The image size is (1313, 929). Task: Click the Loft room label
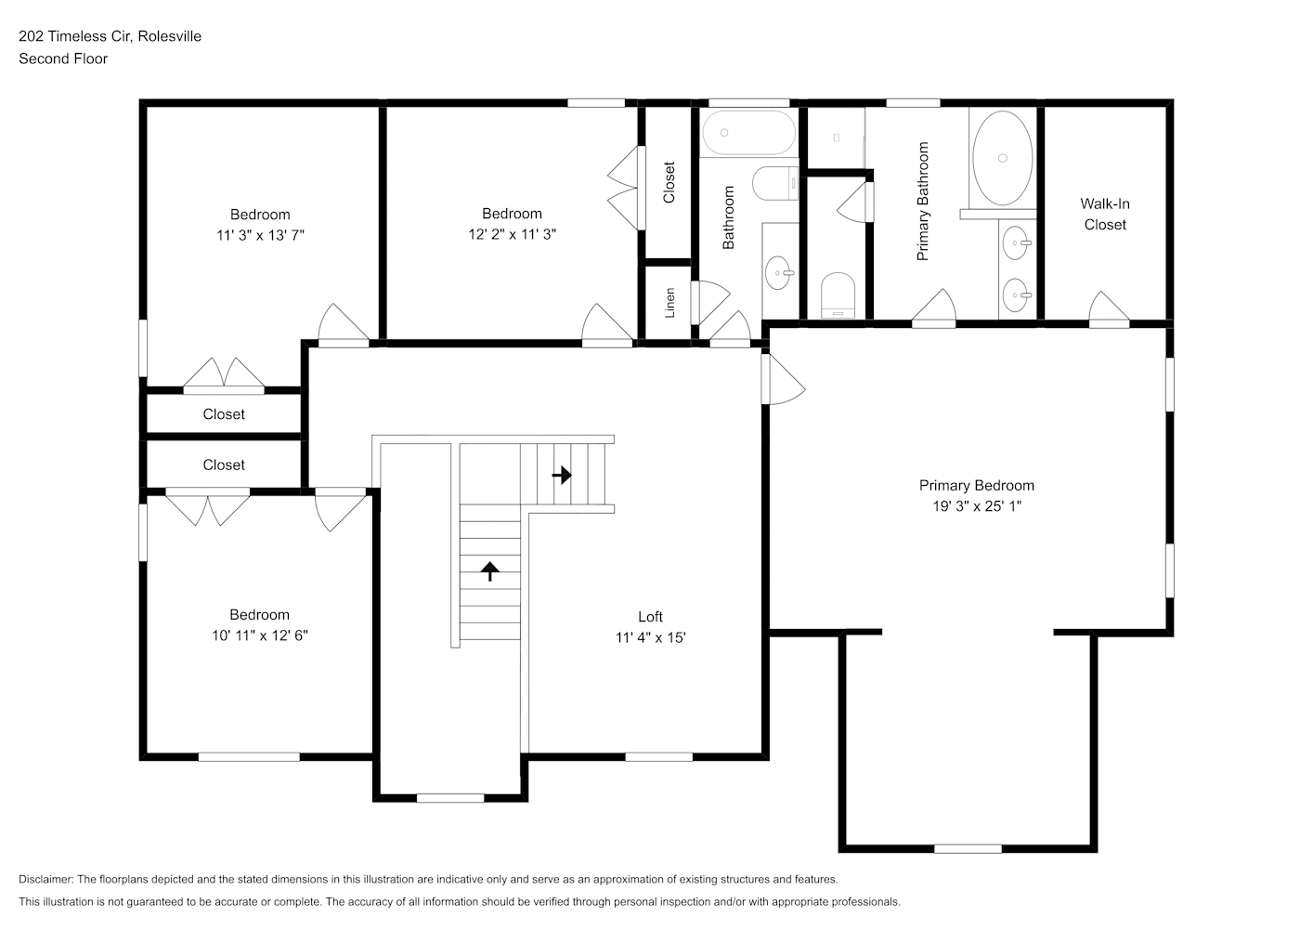pos(650,617)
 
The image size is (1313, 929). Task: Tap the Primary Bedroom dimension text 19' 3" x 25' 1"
pos(977,506)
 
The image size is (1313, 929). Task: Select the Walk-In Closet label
pos(1105,214)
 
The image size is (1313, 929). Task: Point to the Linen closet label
pos(669,303)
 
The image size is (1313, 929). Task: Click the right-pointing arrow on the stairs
pos(562,475)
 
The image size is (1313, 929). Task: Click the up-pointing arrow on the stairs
pos(490,571)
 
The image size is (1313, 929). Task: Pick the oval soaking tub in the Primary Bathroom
pos(1002,158)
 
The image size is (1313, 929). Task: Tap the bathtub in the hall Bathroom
pos(748,133)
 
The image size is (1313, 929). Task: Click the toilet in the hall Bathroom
pos(775,183)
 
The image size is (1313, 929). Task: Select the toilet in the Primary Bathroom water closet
pos(838,295)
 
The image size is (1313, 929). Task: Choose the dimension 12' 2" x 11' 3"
pos(512,235)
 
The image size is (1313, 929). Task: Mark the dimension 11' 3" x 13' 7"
pos(260,236)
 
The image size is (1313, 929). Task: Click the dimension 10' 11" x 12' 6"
pos(260,635)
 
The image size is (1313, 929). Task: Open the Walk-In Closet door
pos(1109,308)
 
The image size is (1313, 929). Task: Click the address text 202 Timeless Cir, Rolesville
pos(110,36)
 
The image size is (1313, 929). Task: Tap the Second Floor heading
pos(63,59)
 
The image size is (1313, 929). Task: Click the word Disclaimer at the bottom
pos(45,879)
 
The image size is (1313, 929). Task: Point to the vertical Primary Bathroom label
pos(923,202)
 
